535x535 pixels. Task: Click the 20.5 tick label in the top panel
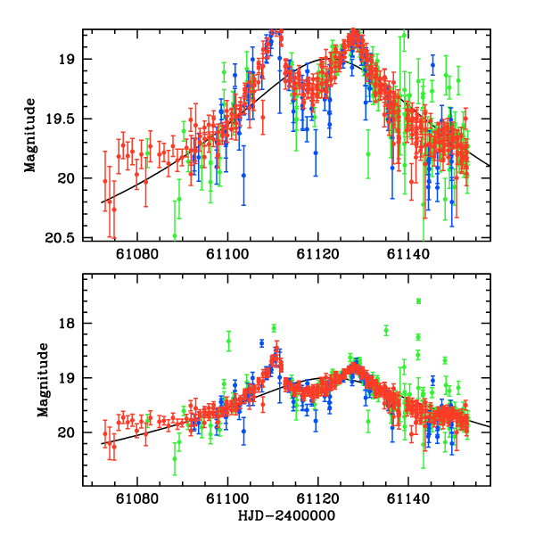pyautogui.click(x=59, y=238)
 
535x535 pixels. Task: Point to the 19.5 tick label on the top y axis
pyautogui.click(x=59, y=119)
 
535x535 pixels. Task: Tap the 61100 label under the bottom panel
pyautogui.click(x=227, y=501)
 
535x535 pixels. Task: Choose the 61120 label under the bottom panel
pyautogui.click(x=317, y=501)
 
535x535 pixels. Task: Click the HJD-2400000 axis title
pyautogui.click(x=286, y=516)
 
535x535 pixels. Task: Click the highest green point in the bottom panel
pyautogui.click(x=418, y=301)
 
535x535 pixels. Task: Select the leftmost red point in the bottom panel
pyautogui.click(x=105, y=434)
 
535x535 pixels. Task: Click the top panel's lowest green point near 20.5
pyautogui.click(x=175, y=235)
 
